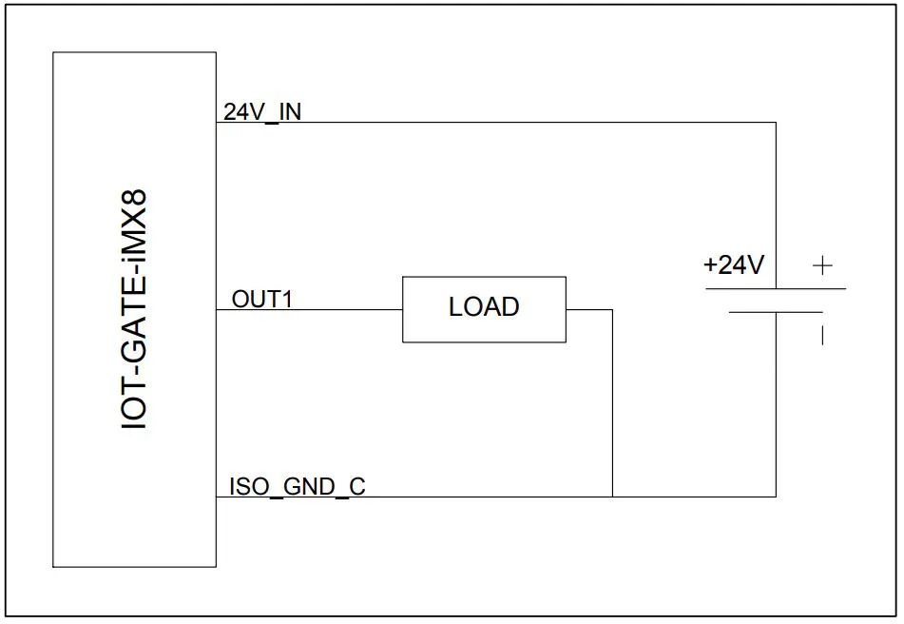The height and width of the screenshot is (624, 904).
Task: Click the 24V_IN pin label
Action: pos(262,111)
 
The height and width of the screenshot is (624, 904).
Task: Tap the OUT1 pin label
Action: pos(261,299)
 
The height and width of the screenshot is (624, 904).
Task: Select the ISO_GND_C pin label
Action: pos(297,486)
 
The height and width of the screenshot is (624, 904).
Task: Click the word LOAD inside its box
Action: pos(484,307)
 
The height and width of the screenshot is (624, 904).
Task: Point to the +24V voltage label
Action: pos(733,265)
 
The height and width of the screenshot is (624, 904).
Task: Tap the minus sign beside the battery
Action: pos(822,335)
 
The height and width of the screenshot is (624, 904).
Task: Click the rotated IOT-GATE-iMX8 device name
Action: pos(136,309)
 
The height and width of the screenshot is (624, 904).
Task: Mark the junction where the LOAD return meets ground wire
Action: pos(612,496)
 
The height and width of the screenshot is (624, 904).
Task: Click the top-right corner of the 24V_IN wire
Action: pos(776,123)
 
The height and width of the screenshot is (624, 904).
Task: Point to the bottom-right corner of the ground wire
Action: pos(776,496)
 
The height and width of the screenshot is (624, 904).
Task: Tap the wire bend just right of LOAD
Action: pos(612,309)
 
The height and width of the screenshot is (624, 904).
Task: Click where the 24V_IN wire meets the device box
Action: pos(217,123)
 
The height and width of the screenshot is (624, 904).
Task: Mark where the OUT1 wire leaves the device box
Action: pos(217,309)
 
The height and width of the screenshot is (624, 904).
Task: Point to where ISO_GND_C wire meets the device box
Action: pos(217,496)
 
